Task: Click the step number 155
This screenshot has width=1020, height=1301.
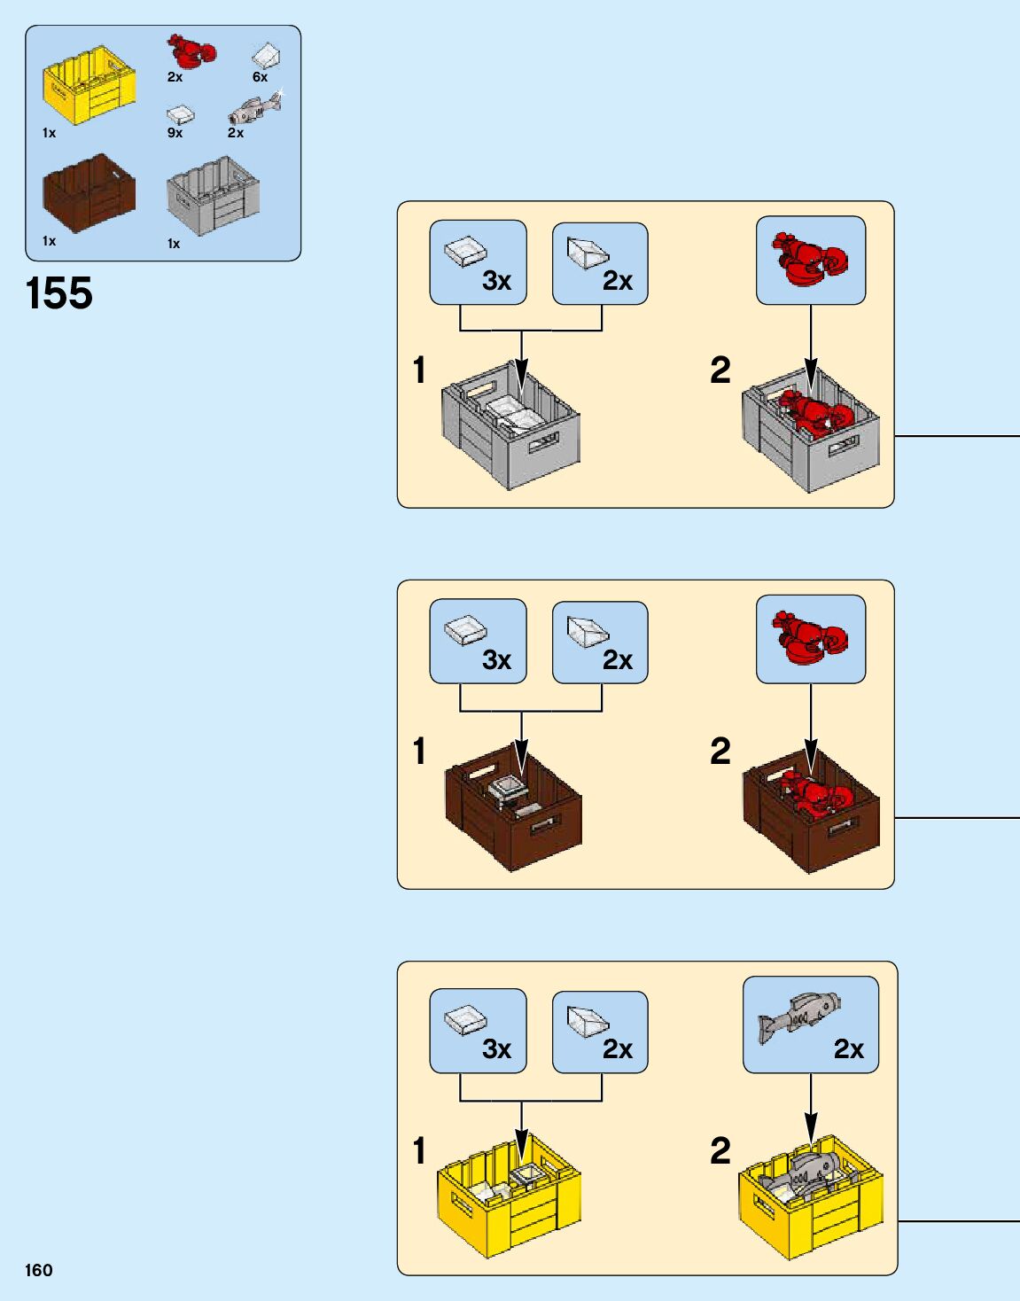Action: coord(59,293)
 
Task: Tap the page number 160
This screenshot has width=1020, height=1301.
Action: coord(39,1270)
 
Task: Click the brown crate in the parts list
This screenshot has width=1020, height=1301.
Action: coord(89,192)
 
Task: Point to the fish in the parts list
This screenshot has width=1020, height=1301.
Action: coord(255,110)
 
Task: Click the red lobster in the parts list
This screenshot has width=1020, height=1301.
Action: coord(191,51)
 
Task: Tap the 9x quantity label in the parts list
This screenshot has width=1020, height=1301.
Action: coord(175,133)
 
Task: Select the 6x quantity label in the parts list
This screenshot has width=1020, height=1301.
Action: coord(260,77)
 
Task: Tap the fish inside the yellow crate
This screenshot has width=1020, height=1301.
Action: coord(802,1174)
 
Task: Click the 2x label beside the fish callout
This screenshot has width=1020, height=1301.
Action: coord(848,1049)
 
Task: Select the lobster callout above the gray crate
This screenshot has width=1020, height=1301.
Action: coord(810,261)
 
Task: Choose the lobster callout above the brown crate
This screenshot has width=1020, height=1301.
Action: coord(810,639)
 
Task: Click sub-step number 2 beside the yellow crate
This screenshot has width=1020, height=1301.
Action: coord(720,1151)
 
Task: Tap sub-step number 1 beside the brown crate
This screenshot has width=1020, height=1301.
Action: coord(419,752)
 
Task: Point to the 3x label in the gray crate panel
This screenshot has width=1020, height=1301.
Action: coord(496,281)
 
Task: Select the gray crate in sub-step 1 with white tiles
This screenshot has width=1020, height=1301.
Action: coord(510,425)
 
